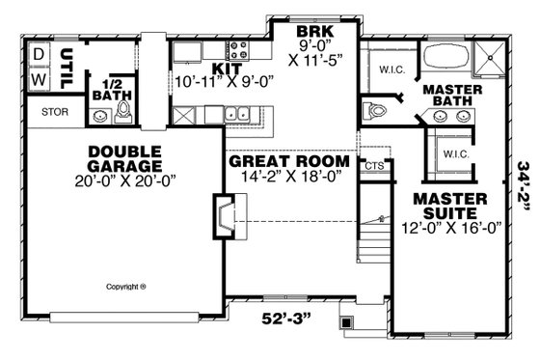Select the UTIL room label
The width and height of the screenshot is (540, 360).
[67, 69]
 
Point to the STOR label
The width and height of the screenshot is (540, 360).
[29, 112]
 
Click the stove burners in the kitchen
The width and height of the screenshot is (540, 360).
[236, 49]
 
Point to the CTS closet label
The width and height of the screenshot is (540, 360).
[373, 166]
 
